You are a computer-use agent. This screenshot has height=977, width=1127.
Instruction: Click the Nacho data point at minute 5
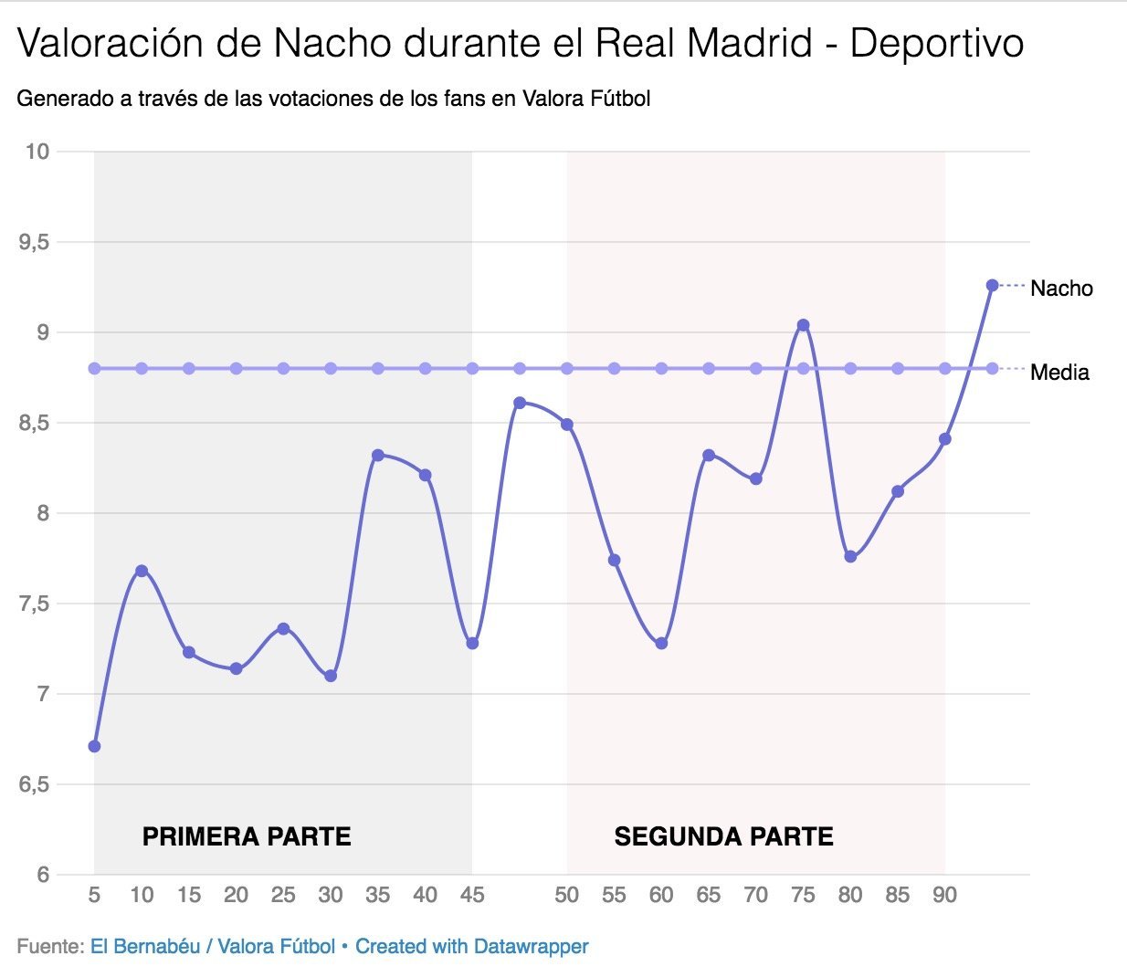94,746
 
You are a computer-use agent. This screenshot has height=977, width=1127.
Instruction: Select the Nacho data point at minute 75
803,325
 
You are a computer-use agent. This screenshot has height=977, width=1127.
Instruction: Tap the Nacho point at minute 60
661,644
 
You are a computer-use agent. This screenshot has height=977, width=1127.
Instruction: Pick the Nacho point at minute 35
378,455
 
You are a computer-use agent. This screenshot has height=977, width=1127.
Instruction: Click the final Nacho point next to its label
992,286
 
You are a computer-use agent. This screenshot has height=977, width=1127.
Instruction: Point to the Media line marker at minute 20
236,369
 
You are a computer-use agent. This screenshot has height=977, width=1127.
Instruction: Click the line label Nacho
1061,289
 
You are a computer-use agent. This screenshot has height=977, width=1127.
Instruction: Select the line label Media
1059,373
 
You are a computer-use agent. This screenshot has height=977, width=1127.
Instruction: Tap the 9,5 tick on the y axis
36,242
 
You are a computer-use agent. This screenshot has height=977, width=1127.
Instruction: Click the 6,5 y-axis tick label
36,784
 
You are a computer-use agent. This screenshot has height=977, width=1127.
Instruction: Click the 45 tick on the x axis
472,896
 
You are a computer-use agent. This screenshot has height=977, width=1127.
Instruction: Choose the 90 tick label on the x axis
944,896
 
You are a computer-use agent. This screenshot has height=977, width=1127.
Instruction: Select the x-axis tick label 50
566,896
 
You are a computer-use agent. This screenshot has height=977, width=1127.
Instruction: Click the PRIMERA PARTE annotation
247,836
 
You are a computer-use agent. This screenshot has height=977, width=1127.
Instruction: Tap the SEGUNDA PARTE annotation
723,836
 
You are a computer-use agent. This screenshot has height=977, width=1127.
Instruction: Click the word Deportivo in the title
936,44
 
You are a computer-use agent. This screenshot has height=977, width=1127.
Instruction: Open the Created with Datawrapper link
471,947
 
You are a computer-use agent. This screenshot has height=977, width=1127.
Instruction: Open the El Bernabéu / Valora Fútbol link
212,947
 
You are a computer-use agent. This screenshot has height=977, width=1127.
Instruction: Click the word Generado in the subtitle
63,99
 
